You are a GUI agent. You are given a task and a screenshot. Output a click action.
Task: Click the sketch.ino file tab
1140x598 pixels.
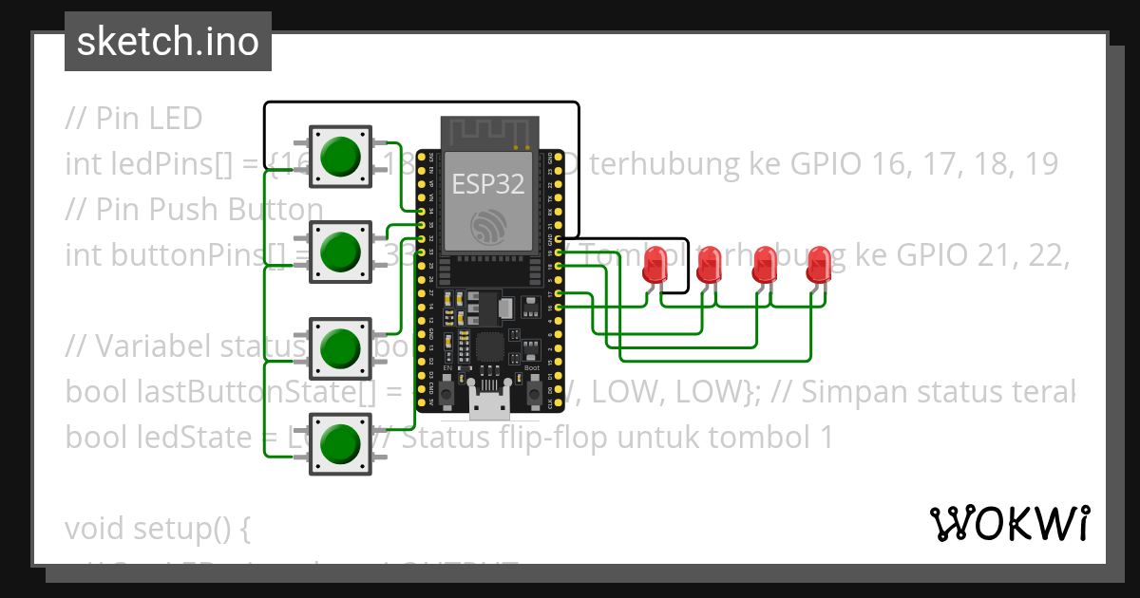click(x=168, y=42)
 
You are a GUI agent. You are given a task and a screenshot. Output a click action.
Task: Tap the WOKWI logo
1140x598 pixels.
click(x=1008, y=523)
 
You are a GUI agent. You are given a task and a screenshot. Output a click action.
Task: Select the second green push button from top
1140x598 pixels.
click(x=340, y=252)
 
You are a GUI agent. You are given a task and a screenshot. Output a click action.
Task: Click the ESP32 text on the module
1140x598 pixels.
click(x=487, y=184)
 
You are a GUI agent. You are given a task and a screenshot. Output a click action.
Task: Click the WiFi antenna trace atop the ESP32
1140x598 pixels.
click(x=487, y=133)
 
